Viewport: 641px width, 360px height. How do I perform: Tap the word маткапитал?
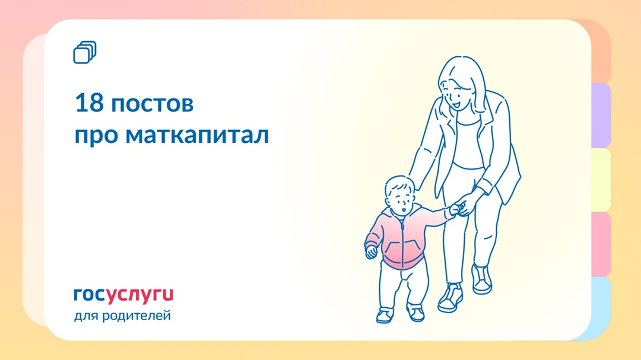(197, 135)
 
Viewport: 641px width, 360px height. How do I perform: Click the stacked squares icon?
(84, 52)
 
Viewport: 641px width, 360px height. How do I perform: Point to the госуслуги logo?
(123, 294)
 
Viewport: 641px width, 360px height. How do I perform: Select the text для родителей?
(122, 316)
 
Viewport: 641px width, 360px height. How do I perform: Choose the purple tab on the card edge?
(601, 116)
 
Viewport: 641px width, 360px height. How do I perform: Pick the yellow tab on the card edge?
(601, 180)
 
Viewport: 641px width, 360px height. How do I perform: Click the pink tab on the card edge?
(601, 244)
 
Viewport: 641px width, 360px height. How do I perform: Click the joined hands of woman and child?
(459, 208)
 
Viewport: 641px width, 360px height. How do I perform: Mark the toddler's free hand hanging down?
(372, 251)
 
